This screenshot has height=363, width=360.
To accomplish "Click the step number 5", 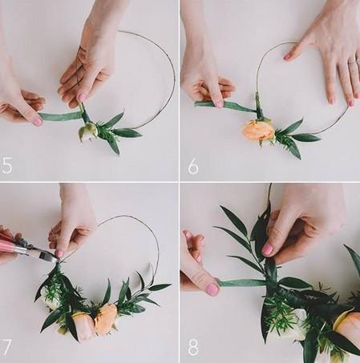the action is (6, 165).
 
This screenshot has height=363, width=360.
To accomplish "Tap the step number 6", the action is (193, 166).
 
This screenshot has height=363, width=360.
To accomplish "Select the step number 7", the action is (6, 347).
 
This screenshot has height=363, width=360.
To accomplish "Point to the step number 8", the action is (193, 347).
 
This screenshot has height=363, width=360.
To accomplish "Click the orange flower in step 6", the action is (259, 131).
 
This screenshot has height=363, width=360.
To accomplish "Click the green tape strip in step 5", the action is (61, 116).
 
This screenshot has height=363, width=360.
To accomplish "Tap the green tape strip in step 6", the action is (225, 106).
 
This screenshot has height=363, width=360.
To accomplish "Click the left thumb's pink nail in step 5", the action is (38, 122).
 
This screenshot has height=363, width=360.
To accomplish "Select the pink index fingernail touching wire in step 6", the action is (288, 56).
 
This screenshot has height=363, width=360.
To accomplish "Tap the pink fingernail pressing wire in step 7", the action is (59, 253).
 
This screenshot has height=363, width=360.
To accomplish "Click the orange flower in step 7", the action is (106, 318).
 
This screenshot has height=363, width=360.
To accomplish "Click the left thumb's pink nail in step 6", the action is (220, 103).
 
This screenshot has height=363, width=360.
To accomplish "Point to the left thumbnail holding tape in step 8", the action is (212, 289).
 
